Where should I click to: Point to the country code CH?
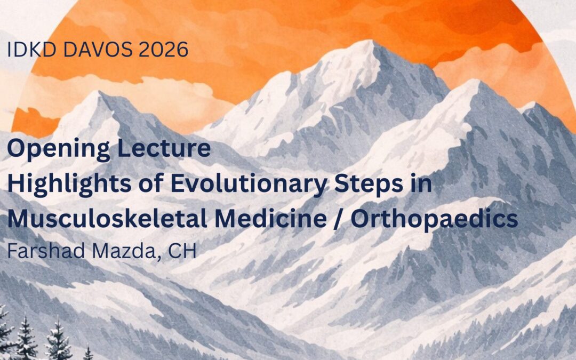click(x=182, y=251)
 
